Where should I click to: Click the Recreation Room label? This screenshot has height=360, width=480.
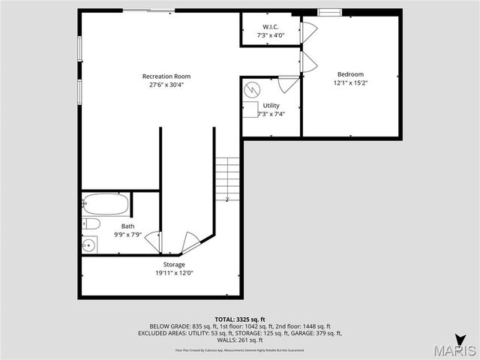[166, 76]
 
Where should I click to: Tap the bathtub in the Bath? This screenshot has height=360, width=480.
[105, 204]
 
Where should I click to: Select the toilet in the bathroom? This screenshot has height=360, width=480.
[91, 223]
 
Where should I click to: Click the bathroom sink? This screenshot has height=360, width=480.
[89, 244]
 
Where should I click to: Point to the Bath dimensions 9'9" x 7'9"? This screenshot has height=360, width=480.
[127, 235]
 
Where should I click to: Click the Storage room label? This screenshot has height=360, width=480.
[174, 265]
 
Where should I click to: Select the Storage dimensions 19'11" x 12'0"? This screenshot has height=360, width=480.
[174, 273]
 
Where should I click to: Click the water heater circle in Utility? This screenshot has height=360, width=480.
[253, 90]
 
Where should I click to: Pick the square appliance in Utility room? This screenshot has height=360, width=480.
[250, 111]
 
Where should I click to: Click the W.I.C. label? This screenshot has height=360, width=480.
[271, 26]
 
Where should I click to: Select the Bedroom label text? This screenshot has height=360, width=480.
[350, 74]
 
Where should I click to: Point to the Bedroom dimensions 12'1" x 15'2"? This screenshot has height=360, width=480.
[350, 82]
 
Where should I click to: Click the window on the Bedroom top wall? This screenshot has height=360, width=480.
[328, 12]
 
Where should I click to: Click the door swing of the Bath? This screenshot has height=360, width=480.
[152, 242]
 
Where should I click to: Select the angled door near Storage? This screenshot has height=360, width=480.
[192, 243]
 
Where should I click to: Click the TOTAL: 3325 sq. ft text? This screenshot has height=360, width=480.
[240, 319]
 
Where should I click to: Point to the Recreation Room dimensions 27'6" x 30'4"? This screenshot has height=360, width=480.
[166, 84]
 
